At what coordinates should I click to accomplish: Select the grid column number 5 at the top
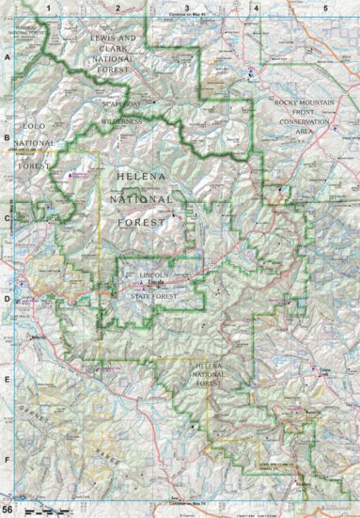(x=324, y=8)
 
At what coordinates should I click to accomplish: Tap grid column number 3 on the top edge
(x=186, y=8)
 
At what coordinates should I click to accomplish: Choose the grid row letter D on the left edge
(x=8, y=302)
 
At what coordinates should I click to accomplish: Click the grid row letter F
(x=8, y=461)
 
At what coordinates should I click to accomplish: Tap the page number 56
(x=8, y=509)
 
